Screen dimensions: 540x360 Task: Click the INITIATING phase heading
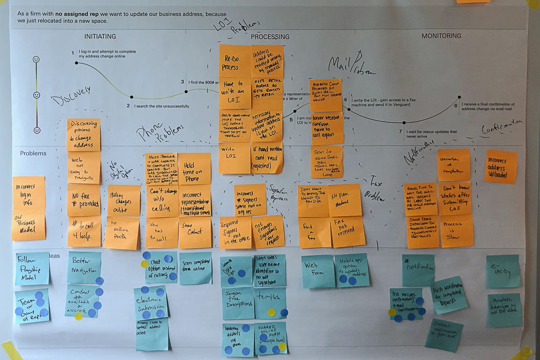pyautogui.click(x=100, y=36)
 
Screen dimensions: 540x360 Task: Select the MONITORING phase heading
pyautogui.click(x=441, y=36)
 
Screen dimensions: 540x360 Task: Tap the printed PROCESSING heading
pyautogui.click(x=270, y=37)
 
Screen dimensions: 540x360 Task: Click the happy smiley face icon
pyautogui.click(x=36, y=60)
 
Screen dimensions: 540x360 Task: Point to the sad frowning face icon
pyautogui.click(x=37, y=130)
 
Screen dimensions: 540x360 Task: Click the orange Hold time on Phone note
pyautogui.click(x=194, y=168)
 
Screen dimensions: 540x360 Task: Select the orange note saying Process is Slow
pyautogui.click(x=456, y=230)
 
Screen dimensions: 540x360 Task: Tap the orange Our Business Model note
pyautogui.click(x=29, y=225)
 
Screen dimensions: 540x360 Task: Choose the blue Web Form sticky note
pyautogui.click(x=318, y=271)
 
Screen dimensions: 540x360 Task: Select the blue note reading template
pyautogui.click(x=270, y=302)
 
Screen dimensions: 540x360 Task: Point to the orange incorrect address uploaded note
pyautogui.click(x=501, y=166)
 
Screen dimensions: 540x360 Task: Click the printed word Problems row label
pyautogui.click(x=33, y=153)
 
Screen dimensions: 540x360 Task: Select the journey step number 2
pyautogui.click(x=128, y=106)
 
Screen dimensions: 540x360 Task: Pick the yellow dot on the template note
pyautogui.click(x=271, y=312)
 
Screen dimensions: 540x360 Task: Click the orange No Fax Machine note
pyautogui.click(x=345, y=200)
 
